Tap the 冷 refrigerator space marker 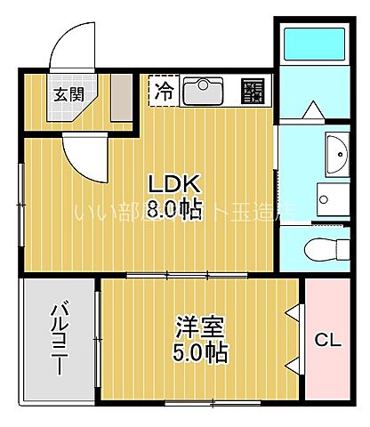165,90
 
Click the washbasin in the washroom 336,157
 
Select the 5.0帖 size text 198,352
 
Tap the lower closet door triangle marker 293,364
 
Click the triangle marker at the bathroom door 312,110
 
